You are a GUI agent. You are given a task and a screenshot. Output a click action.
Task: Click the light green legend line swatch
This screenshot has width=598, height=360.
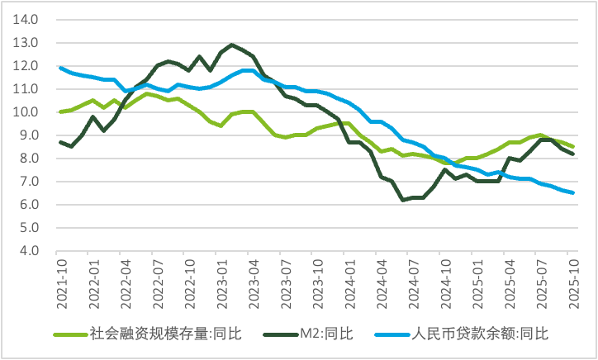(69, 334)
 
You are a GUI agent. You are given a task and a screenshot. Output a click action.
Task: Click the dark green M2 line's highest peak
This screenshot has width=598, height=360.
(232, 45)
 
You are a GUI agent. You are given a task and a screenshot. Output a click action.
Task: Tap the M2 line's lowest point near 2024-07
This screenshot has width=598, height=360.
(403, 200)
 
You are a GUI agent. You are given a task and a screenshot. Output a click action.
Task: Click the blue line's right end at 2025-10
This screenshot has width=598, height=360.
(573, 192)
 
